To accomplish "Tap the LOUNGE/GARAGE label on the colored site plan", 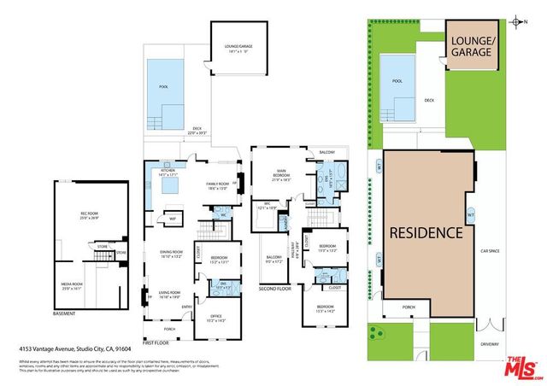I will coord(471,46).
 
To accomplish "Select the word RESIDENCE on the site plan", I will coord(426,232).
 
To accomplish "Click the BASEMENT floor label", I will coord(64,313).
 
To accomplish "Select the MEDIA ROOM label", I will coord(71,284).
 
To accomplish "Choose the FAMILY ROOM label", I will coord(217,184).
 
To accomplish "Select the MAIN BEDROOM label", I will coord(282,176).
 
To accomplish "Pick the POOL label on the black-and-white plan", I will coord(164,86).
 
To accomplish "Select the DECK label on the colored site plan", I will coord(430,100).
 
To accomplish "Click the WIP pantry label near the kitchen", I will coord(173,219).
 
